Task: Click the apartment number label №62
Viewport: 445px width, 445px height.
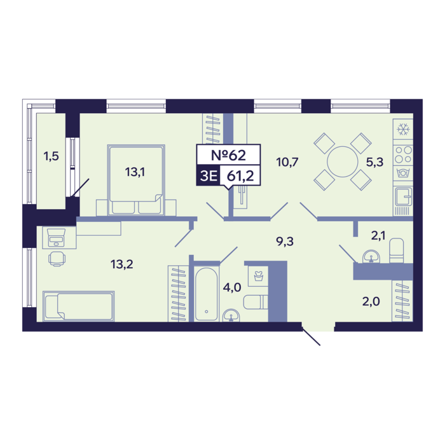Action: click(x=228, y=155)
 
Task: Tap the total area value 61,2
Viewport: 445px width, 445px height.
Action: click(x=240, y=176)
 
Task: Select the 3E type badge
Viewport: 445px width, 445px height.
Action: click(x=209, y=176)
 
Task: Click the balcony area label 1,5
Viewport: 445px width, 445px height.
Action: click(x=51, y=156)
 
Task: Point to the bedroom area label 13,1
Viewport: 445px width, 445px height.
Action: click(x=135, y=172)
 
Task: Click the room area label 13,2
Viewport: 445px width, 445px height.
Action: click(x=122, y=264)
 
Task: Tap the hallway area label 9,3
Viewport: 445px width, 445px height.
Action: click(x=285, y=242)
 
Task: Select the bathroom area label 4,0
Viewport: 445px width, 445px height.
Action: click(x=232, y=287)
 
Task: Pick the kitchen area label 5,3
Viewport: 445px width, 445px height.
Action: click(x=374, y=162)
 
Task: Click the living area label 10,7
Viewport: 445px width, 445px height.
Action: click(x=287, y=162)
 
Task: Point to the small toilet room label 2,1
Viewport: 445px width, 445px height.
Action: click(x=378, y=235)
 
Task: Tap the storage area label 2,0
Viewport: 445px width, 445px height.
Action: click(x=371, y=301)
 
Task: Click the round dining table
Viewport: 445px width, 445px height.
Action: click(x=343, y=161)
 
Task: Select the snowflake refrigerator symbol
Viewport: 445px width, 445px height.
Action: click(x=403, y=129)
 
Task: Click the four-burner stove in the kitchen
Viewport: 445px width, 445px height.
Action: click(x=403, y=154)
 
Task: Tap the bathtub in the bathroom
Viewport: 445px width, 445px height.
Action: click(x=207, y=294)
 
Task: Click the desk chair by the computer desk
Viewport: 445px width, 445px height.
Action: click(x=57, y=259)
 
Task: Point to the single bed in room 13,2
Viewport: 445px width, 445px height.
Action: click(x=79, y=306)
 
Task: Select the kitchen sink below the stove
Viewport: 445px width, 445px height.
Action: click(x=403, y=196)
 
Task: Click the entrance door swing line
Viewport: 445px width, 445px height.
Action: click(x=311, y=336)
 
